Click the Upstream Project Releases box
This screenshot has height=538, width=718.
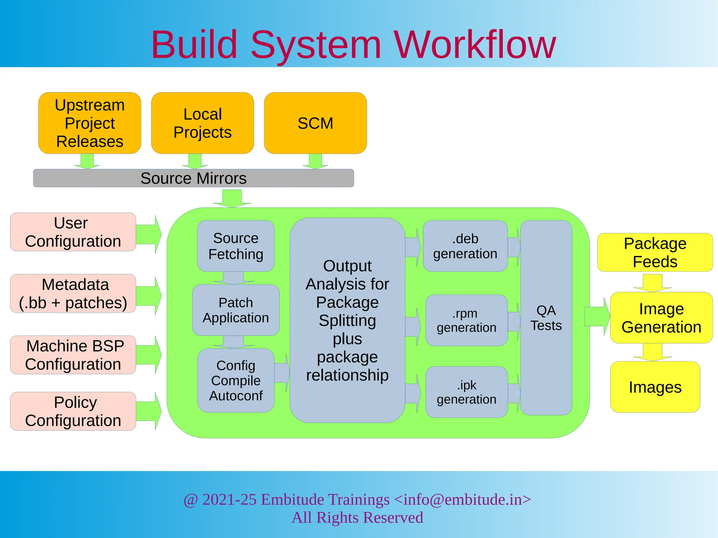coord(90,123)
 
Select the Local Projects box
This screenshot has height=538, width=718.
coord(202,123)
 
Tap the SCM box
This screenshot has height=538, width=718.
coord(315,123)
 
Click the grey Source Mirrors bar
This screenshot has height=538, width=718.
coord(194,178)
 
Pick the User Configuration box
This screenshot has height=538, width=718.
coord(73,232)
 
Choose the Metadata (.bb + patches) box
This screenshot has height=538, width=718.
coord(73,294)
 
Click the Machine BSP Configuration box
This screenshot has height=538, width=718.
coord(73,355)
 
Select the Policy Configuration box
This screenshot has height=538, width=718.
coord(73,411)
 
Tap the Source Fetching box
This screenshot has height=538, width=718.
coord(236,246)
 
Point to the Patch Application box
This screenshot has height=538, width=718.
coord(236,310)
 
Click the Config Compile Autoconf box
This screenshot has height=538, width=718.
coord(236,380)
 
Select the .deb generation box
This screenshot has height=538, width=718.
coord(465,246)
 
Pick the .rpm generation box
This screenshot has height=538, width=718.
coord(466,320)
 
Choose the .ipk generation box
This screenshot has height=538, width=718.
coord(466,392)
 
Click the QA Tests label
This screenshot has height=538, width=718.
coord(546,318)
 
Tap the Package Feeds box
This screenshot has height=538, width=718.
coord(655,252)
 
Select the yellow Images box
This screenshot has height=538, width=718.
coord(655,387)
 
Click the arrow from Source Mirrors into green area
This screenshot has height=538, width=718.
coord(232,198)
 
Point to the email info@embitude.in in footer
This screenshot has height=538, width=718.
coord(462,499)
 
